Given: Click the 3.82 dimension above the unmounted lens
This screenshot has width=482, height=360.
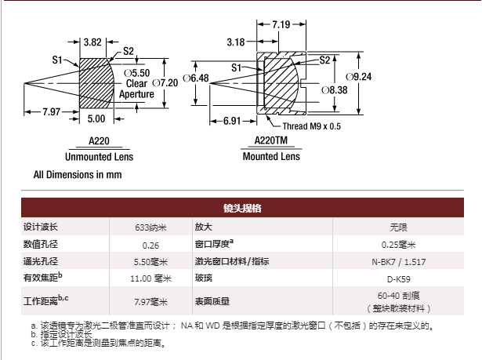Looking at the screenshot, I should coord(93,42).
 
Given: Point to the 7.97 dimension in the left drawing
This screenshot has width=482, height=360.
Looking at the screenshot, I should coord(53,111).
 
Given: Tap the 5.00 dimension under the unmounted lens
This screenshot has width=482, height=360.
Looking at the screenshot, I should coord(96,118).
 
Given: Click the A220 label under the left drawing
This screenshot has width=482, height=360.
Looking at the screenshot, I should coord(99,142).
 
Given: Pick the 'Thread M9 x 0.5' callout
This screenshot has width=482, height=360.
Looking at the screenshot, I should coord(311,126).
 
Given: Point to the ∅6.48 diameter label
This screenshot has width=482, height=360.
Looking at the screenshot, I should coord(195,78).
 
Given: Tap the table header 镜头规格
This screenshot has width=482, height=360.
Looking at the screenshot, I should coord(241,208).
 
